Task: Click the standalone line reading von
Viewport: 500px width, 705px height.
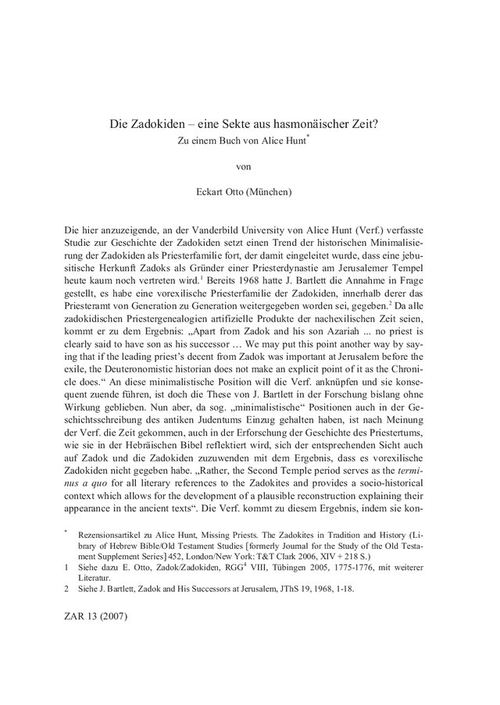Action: tap(249, 166)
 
